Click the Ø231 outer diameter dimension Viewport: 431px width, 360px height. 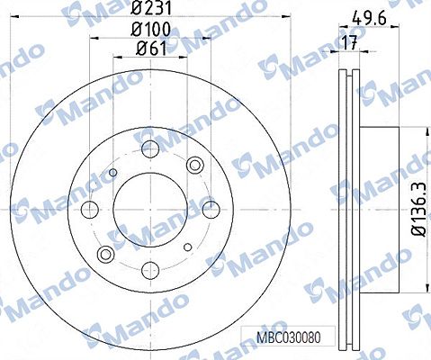point(152,8)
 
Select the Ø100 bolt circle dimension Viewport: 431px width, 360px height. point(151,30)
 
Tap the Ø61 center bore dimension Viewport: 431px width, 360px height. point(151,49)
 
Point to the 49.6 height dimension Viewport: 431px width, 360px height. point(369,19)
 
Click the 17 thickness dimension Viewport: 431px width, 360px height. point(350,43)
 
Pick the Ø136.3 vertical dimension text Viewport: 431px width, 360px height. point(419,209)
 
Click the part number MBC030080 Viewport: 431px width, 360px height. point(289,337)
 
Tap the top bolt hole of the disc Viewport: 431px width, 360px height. point(150,149)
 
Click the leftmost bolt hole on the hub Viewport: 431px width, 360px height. point(90,210)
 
